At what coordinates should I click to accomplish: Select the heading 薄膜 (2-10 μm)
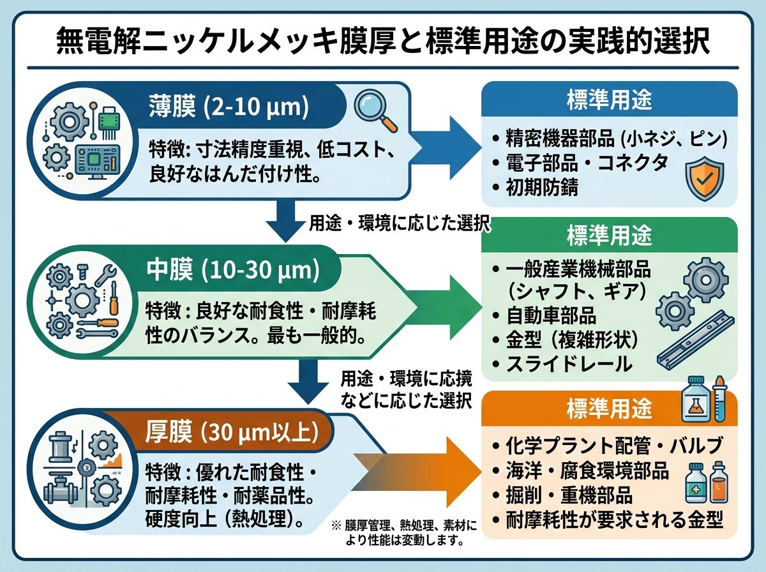click(x=229, y=106)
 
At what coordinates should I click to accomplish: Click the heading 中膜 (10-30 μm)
click(x=233, y=271)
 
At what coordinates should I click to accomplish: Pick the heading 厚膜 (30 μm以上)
click(x=232, y=433)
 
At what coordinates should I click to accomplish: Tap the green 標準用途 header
click(x=610, y=235)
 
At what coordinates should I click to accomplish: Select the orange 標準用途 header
click(x=610, y=409)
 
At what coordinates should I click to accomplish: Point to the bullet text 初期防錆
click(x=542, y=187)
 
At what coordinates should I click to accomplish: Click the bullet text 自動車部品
click(x=552, y=315)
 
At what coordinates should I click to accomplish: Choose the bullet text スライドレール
click(x=569, y=364)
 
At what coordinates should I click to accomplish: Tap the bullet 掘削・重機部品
click(x=569, y=495)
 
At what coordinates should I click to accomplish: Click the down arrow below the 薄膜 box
click(x=286, y=220)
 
